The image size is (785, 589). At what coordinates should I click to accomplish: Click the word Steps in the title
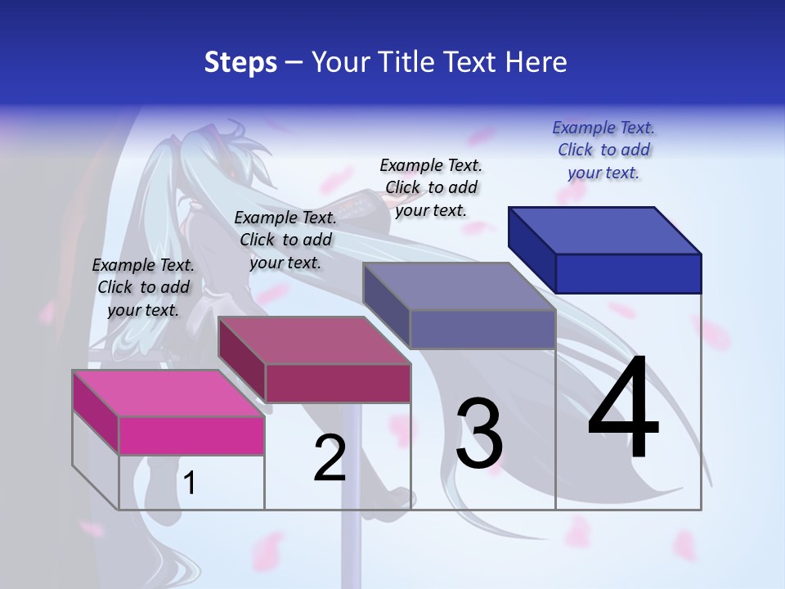coord(240,62)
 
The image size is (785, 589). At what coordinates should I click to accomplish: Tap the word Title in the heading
coord(408,62)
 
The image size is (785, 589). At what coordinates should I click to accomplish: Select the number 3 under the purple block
coord(479,433)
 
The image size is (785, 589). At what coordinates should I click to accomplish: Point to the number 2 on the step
coord(330,458)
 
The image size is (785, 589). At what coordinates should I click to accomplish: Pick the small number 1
coord(190,483)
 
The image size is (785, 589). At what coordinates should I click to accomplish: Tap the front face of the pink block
coord(191,435)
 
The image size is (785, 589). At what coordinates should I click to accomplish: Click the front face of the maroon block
coord(338,383)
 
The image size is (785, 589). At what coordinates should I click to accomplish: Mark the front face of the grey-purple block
coord(482,329)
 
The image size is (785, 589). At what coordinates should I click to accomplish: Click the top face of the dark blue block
coord(605,230)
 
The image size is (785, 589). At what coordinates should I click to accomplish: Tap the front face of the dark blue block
coord(628,273)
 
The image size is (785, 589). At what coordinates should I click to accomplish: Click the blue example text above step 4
coord(603,150)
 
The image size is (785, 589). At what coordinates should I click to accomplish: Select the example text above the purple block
coord(431,187)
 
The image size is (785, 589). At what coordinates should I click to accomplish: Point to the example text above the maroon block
coord(285,240)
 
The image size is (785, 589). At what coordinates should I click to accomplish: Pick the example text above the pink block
coord(143,287)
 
